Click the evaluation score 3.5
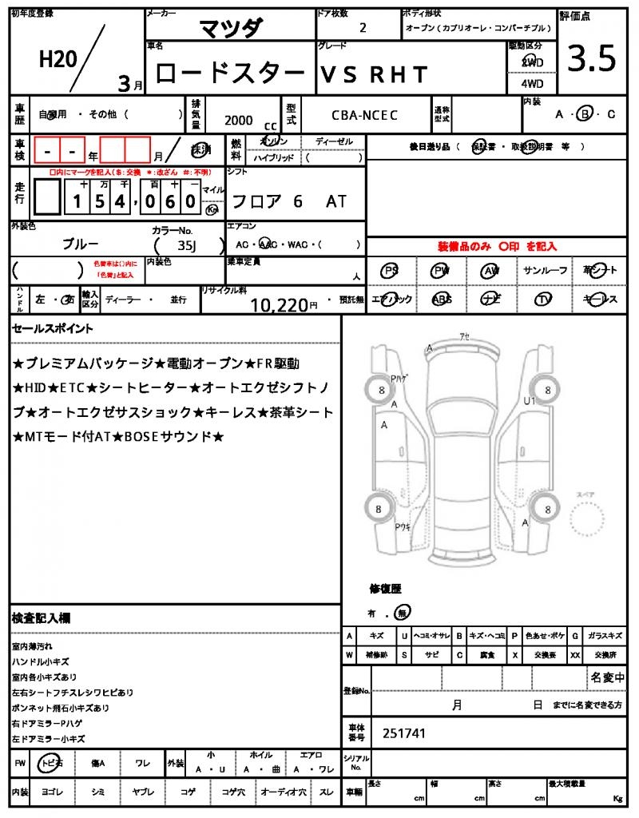592,60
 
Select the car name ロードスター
230,73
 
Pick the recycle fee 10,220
279,304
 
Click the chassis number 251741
404,732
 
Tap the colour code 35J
187,246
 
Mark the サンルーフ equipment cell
546,271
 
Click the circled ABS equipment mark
442,299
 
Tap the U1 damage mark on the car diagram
530,401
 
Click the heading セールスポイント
53,328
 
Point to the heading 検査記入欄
42,618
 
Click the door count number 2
363,27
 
